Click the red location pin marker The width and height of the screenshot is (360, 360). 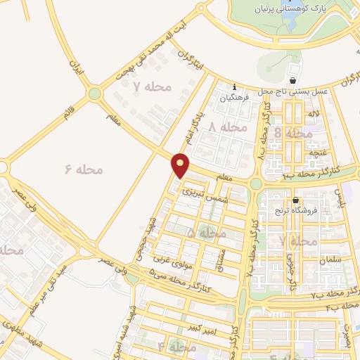point(181,165)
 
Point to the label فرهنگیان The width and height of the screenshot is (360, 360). point(234,98)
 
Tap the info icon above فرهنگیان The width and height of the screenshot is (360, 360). point(234,87)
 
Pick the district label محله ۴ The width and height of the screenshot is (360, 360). point(176,347)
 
